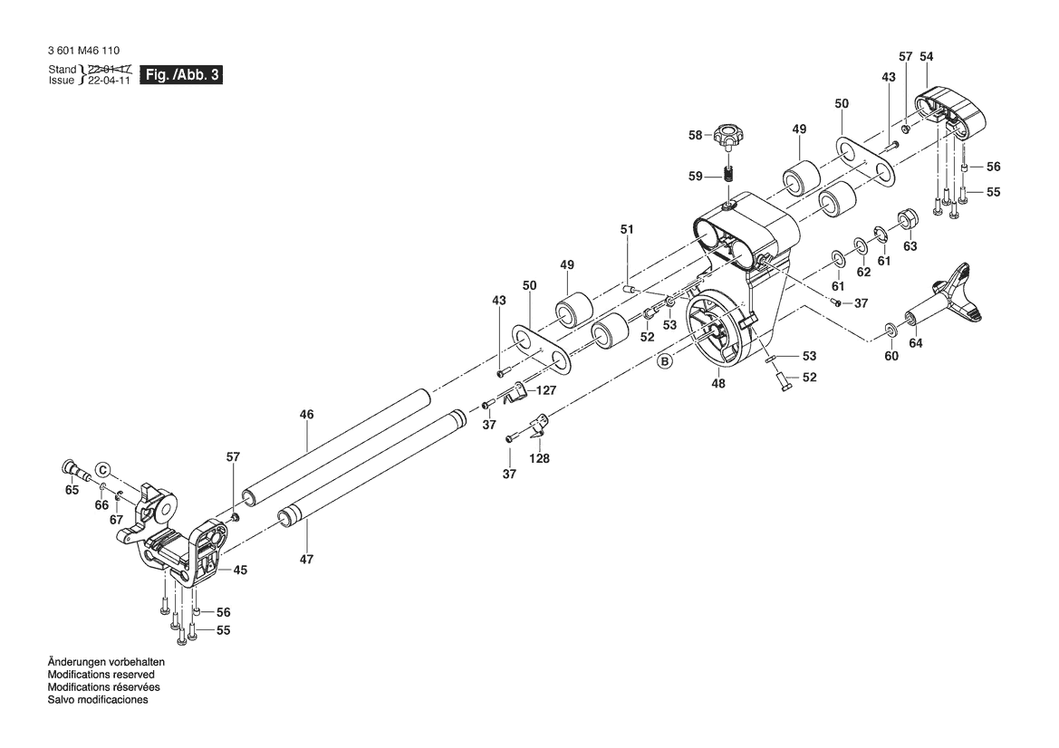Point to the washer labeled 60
pyautogui.click(x=891, y=329)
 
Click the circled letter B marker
pyautogui.click(x=666, y=361)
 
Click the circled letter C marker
pyautogui.click(x=103, y=470)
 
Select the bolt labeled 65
pyautogui.click(x=72, y=469)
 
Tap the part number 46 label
pyautogui.click(x=306, y=414)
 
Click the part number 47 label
pyautogui.click(x=306, y=560)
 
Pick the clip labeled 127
pyautogui.click(x=517, y=391)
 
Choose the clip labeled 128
pyautogui.click(x=538, y=424)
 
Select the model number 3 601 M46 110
pyautogui.click(x=83, y=51)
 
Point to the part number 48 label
pyautogui.click(x=718, y=384)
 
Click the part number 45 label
pyautogui.click(x=240, y=570)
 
